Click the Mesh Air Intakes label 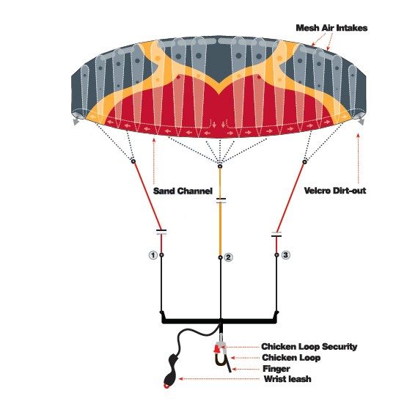tap(331, 28)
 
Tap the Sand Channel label tap(183, 191)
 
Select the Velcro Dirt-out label tap(335, 191)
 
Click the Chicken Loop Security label tap(309, 347)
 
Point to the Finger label tap(276, 369)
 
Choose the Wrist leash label tap(287, 379)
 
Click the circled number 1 tap(153, 255)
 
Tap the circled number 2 tap(228, 257)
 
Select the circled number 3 tap(285, 255)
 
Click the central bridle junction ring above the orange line tap(220, 166)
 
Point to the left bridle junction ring tap(133, 161)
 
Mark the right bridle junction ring tap(305, 161)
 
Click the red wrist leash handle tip tap(166, 386)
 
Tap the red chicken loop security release tap(217, 348)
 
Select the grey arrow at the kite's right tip tap(362, 122)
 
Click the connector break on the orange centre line tap(221, 200)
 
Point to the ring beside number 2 tap(220, 257)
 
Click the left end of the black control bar tap(163, 320)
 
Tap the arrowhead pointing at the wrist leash tap(180, 378)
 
